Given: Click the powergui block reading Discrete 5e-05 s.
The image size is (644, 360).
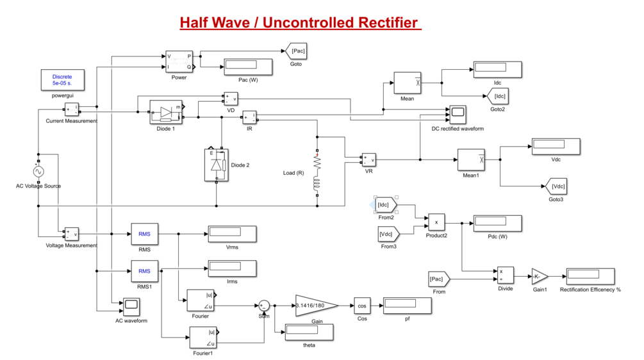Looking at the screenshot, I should (63, 79).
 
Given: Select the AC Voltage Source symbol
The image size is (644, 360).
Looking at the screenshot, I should (38, 172).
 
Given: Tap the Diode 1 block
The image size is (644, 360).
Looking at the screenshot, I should (165, 112).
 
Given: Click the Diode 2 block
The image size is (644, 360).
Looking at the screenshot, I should (216, 165).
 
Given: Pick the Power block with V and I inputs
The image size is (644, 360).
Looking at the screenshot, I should (179, 61).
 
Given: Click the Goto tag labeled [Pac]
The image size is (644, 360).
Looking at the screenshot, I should (296, 51).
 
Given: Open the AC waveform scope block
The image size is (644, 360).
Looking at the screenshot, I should (131, 306).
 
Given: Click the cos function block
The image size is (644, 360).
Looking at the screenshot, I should (362, 306).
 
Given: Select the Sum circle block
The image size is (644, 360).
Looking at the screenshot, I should (263, 306).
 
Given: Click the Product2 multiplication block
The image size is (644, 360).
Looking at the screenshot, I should (436, 222).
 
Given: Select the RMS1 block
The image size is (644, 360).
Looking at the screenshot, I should (144, 271).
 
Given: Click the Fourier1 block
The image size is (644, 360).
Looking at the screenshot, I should (202, 336).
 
